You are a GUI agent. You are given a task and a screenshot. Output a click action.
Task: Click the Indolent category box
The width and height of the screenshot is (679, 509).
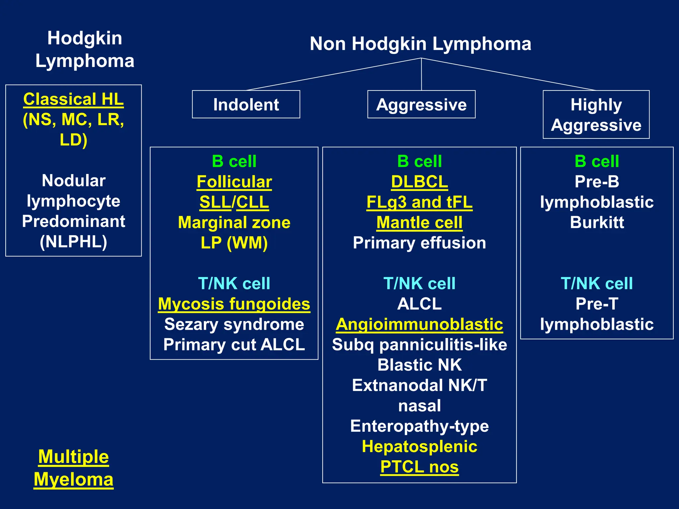246,104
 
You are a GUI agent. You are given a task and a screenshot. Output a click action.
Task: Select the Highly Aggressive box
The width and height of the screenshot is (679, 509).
596,115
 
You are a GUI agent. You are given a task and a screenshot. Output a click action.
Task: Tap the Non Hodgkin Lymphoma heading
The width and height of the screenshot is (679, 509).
420,44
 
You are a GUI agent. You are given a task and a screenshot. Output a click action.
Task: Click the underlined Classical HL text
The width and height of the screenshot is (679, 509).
73,99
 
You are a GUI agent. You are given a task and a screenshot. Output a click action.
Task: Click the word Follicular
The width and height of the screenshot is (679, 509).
234,182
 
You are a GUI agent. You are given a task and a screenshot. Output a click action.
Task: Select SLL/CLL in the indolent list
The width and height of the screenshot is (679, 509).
234,202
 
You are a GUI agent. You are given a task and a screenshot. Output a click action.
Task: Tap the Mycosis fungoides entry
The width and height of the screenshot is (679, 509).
234,304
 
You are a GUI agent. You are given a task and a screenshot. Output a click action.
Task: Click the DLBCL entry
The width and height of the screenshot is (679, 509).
419,182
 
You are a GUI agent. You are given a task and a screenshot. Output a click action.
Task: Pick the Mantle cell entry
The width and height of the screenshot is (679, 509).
419,222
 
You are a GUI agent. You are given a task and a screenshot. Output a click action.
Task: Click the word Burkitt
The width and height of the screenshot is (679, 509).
597,222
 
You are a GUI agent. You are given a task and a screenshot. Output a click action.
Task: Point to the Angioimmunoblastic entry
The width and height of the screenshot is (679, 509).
419,324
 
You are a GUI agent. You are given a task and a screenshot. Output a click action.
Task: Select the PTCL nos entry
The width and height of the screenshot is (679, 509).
419,467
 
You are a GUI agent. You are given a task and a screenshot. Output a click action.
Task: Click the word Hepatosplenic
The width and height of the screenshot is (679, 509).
419,446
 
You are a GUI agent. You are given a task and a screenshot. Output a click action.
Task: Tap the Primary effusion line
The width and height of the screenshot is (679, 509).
419,243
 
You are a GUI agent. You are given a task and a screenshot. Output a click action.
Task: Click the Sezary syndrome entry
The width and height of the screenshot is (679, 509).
234,324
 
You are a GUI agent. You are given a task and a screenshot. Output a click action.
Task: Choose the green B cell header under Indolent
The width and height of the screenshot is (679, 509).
234,161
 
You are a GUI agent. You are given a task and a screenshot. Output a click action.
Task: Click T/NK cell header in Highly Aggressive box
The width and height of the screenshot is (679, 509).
597,284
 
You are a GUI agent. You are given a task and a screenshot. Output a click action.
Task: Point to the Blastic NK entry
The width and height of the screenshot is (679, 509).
419,365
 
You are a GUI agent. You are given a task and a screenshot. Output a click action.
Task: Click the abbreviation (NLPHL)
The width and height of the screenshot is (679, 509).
73,242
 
